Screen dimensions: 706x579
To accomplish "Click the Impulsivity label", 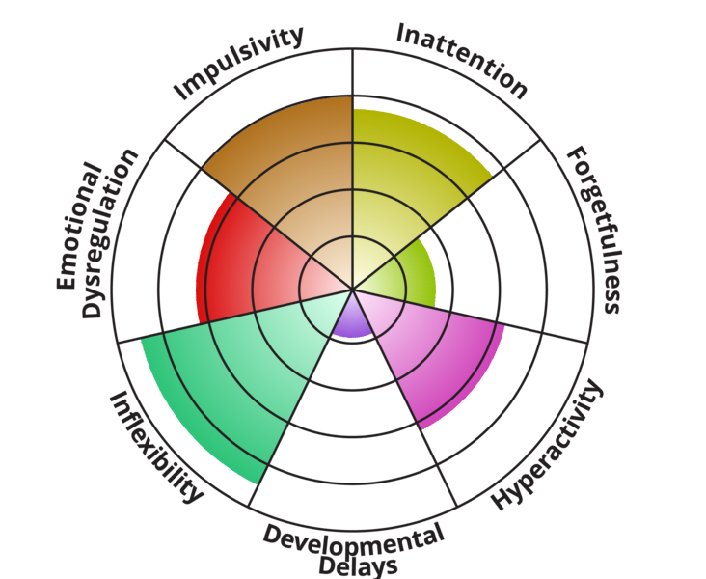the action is [x=238, y=62].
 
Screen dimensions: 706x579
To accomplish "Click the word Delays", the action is [x=359, y=566].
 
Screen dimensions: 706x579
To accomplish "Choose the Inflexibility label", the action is [x=156, y=447].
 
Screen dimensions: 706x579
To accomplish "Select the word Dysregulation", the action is [x=109, y=234].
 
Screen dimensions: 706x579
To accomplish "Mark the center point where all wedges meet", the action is [x=353, y=289].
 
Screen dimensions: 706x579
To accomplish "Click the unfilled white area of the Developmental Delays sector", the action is [x=353, y=432].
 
